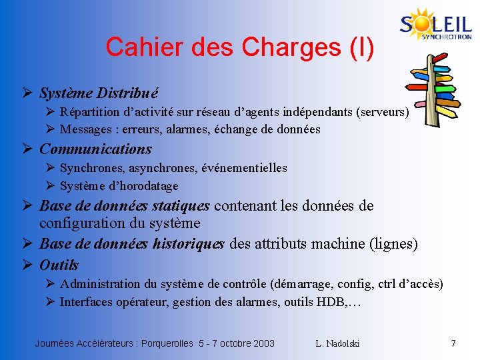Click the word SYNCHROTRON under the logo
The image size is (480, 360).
click(447, 37)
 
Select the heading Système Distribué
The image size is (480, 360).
click(99, 93)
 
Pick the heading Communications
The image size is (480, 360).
click(95, 149)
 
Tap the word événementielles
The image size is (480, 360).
click(245, 168)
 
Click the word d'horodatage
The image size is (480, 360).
click(145, 186)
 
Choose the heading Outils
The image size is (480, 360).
click(59, 265)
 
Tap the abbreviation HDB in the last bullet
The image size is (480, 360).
click(327, 302)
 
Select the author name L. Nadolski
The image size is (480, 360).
click(337, 343)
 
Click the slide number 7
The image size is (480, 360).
click(453, 343)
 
